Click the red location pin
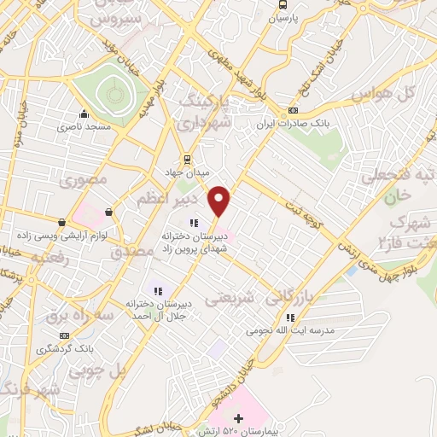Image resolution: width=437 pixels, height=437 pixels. [x=220, y=201]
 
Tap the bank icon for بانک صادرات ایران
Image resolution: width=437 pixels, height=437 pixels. [x=294, y=110]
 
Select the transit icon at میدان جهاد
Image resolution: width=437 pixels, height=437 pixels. [x=186, y=159]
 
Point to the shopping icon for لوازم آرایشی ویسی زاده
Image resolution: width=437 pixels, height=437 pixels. [x=108, y=213]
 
